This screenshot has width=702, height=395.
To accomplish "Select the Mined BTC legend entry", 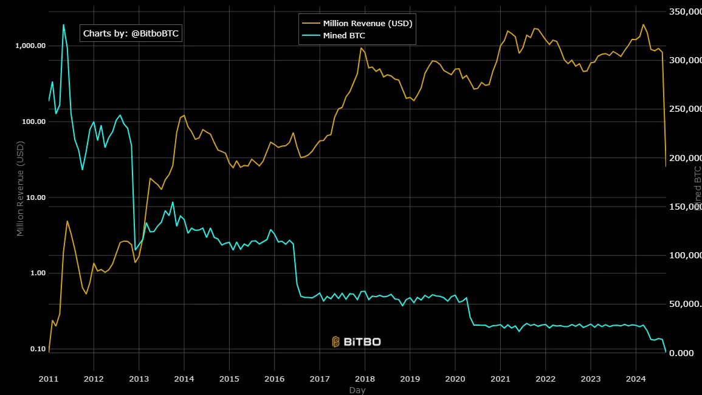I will pyautogui.click(x=344, y=36).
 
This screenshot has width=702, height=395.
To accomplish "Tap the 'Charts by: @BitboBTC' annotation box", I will pyautogui.click(x=131, y=33).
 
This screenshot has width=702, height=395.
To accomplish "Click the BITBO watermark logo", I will pyautogui.click(x=357, y=342).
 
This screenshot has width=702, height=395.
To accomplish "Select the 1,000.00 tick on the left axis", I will pyautogui.click(x=30, y=46).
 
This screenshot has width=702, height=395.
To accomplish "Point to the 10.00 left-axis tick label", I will pyautogui.click(x=34, y=197).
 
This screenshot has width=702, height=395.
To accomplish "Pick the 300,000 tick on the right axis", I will pyautogui.click(x=686, y=61).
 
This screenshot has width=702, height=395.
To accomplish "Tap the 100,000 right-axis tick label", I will pyautogui.click(x=686, y=256).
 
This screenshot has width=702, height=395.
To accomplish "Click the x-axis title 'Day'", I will pyautogui.click(x=357, y=390).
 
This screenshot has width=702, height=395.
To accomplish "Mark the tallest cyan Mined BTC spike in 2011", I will pyautogui.click(x=63, y=25).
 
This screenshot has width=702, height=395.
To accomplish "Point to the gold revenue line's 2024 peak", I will pyautogui.click(x=644, y=25).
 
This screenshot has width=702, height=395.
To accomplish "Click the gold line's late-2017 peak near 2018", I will pyautogui.click(x=361, y=48).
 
